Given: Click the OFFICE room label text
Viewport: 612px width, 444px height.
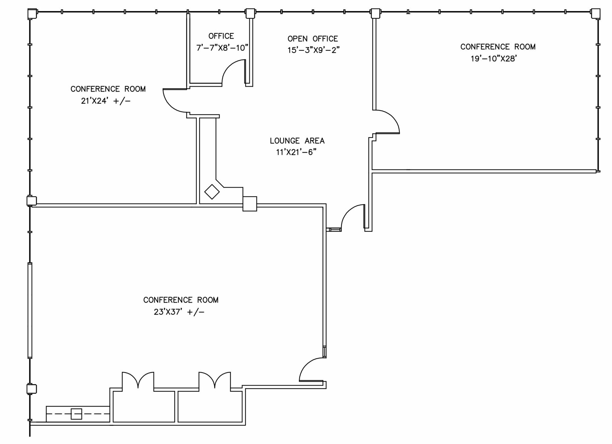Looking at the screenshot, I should [x=221, y=36].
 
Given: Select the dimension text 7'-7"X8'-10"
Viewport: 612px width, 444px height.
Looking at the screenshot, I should [x=222, y=48].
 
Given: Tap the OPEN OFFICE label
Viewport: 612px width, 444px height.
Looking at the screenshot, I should [x=312, y=39].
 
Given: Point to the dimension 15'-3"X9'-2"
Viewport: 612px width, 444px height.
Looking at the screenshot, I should [x=313, y=50].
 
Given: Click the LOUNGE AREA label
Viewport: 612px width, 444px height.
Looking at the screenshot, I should [x=297, y=141].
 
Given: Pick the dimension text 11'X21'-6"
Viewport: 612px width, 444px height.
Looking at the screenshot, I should [x=296, y=152].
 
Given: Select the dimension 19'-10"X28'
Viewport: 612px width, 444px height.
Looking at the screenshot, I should [x=494, y=59].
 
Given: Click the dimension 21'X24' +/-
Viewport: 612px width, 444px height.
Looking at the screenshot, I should [x=106, y=101].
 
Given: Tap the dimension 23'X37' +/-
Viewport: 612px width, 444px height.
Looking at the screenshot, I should [x=179, y=312].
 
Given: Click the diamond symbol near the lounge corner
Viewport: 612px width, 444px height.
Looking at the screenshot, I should [x=212, y=192].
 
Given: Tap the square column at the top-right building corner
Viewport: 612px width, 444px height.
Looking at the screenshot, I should [x=595, y=13].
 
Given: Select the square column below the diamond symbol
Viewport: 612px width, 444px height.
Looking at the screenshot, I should [x=250, y=204].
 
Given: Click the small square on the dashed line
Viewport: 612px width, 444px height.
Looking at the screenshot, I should [x=76, y=414].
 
